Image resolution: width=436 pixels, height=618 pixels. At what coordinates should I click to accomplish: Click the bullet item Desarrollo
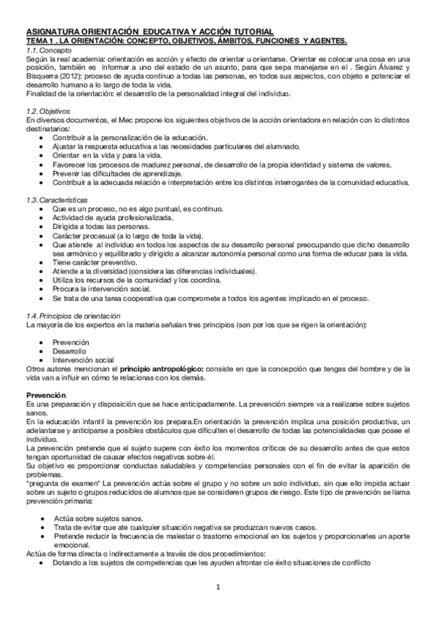point(69,351)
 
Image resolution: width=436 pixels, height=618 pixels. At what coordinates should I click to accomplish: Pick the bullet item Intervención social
point(83,360)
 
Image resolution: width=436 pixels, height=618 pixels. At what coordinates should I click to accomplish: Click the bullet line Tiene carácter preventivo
point(94,262)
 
